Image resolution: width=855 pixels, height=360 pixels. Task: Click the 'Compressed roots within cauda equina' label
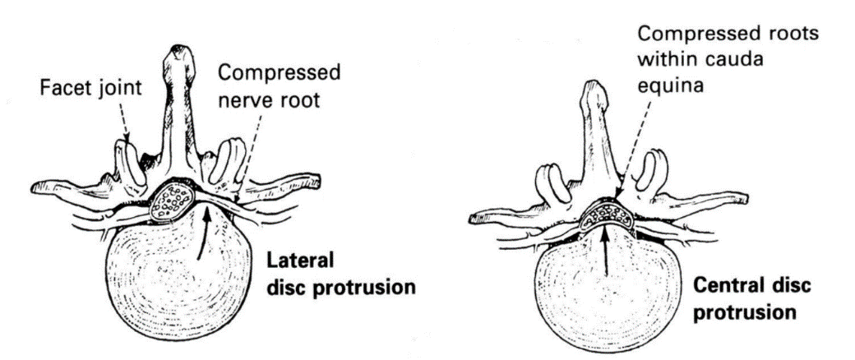[x=718, y=59]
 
